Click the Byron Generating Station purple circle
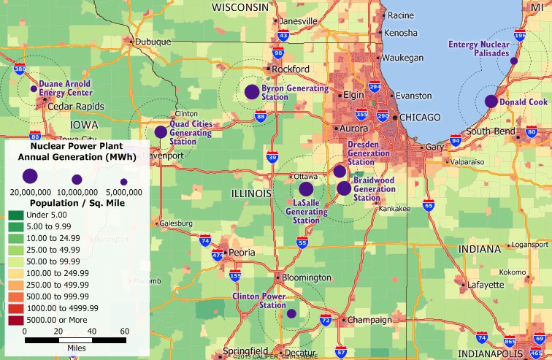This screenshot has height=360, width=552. click(x=252, y=92)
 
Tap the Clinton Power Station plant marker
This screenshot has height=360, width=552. click(x=291, y=313)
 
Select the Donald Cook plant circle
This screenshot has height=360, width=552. click(x=491, y=102)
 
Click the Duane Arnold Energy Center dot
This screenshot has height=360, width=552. click(x=34, y=88)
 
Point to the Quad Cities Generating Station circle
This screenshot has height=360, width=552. click(x=161, y=132)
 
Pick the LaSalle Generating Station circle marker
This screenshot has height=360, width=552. click(x=306, y=188)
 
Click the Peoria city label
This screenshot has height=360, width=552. click(x=242, y=252)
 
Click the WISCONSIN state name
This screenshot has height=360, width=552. click(x=240, y=7)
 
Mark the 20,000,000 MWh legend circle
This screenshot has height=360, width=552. click(x=30, y=176)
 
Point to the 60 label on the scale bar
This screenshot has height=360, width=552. click(x=125, y=331)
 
